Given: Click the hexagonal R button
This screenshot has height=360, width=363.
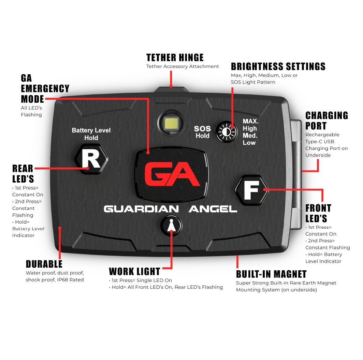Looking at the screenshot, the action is pyautogui.click(x=91, y=159).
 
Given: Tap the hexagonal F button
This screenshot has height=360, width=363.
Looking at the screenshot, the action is pyautogui.click(x=252, y=190).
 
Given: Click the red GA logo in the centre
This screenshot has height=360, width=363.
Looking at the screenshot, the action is pyautogui.click(x=172, y=174).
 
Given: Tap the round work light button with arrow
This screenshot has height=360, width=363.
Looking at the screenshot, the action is pyautogui.click(x=171, y=226).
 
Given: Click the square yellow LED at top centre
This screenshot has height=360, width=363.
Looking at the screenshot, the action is pyautogui.click(x=171, y=123).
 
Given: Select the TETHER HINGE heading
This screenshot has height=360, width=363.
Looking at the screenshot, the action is pyautogui.click(x=175, y=57).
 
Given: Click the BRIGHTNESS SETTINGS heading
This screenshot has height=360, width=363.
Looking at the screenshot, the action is pyautogui.click(x=278, y=66).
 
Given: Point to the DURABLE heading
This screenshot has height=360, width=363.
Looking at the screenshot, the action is pyautogui.click(x=44, y=264).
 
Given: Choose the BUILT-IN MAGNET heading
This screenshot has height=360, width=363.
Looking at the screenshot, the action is pyautogui.click(x=271, y=274).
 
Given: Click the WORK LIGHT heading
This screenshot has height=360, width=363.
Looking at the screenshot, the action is pyautogui.click(x=134, y=271).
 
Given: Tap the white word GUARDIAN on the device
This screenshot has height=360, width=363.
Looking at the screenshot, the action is pyautogui.click(x=141, y=209).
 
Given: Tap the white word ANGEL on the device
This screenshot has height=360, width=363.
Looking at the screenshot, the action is pyautogui.click(x=213, y=209).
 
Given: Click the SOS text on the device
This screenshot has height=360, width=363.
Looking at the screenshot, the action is pyautogui.click(x=202, y=129).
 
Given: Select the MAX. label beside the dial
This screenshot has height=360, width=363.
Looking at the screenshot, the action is pyautogui.click(x=250, y=121).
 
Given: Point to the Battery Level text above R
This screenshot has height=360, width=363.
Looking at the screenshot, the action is pyautogui.click(x=91, y=130).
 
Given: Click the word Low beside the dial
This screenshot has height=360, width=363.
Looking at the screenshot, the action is pyautogui.click(x=249, y=143).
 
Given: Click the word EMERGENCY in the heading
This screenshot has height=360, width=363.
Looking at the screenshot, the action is pyautogui.click(x=45, y=88).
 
